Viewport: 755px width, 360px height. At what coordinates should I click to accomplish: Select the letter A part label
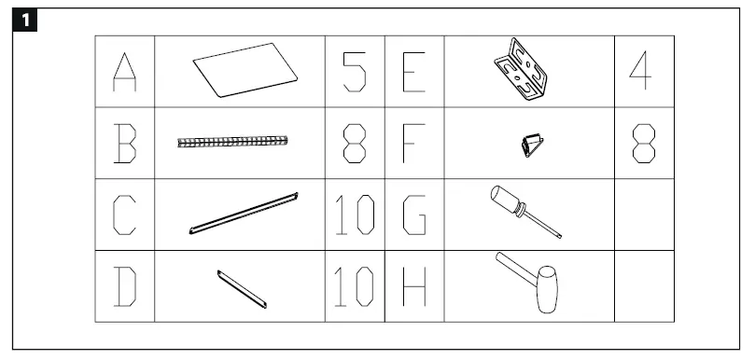tap(125, 73)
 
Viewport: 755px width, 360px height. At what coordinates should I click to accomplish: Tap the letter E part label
tap(413, 73)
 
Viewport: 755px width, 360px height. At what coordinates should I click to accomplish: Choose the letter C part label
tap(125, 215)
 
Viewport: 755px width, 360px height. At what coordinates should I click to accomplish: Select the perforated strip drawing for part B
tap(233, 142)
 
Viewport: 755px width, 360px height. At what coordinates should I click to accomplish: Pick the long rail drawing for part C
tap(243, 214)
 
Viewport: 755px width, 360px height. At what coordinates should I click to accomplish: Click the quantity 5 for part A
tap(354, 73)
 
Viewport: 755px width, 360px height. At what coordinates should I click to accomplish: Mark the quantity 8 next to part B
tap(354, 144)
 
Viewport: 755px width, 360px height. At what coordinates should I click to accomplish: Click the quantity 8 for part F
tap(643, 144)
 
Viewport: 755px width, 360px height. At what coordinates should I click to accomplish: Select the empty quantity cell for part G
tap(643, 215)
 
